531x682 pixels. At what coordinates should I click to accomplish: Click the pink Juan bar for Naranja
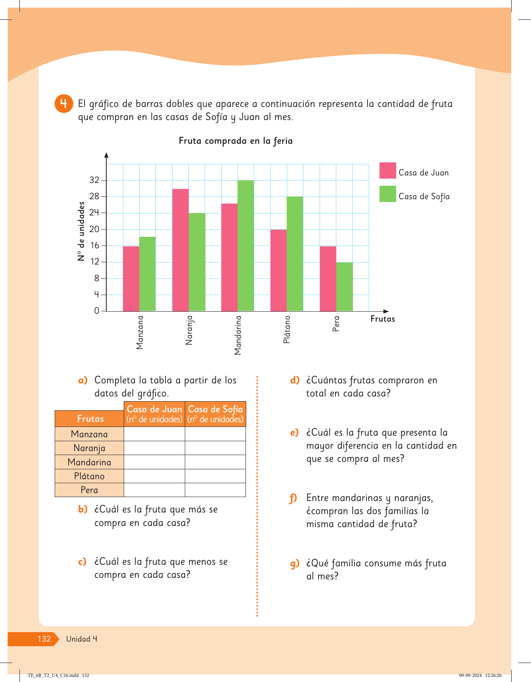(x=180, y=250)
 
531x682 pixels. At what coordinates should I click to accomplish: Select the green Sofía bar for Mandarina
(x=245, y=246)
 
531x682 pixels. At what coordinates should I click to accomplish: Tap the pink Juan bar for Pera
(x=328, y=278)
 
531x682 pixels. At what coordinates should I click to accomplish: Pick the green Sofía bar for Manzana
(x=148, y=274)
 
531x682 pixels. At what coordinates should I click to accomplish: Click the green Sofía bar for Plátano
(x=295, y=253)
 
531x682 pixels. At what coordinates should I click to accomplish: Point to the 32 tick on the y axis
(x=94, y=180)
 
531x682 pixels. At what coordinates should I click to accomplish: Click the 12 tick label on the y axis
(x=94, y=262)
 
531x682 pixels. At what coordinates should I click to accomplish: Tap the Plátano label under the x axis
(x=287, y=330)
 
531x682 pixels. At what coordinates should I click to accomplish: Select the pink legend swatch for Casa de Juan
(x=387, y=171)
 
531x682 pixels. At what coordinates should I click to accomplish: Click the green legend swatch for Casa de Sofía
(x=387, y=194)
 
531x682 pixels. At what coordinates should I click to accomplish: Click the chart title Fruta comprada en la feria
(x=236, y=141)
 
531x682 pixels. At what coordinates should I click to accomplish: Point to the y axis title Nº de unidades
(x=81, y=231)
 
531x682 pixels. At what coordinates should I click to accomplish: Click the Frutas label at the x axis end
(x=383, y=319)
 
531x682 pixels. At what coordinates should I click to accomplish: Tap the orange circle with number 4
(x=63, y=104)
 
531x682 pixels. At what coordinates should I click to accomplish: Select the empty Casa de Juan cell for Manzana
(x=154, y=434)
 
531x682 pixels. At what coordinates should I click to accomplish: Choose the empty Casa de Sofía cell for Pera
(x=215, y=490)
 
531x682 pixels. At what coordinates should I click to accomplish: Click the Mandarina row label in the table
(x=89, y=462)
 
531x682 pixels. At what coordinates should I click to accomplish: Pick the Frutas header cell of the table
(x=90, y=419)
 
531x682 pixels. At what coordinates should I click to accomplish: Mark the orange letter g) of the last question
(x=294, y=564)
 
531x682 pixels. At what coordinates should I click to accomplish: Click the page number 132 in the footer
(x=44, y=639)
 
